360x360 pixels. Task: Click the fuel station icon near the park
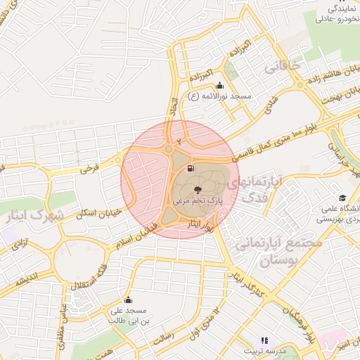pos(191,169)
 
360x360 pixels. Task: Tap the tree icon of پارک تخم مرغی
pos(197,190)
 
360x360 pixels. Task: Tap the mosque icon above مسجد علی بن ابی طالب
pos(127,300)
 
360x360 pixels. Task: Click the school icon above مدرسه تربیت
pos(264,340)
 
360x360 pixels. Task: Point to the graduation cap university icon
pos(342,198)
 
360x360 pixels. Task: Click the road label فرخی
pos(88,168)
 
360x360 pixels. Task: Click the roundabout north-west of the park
pos(169,149)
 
